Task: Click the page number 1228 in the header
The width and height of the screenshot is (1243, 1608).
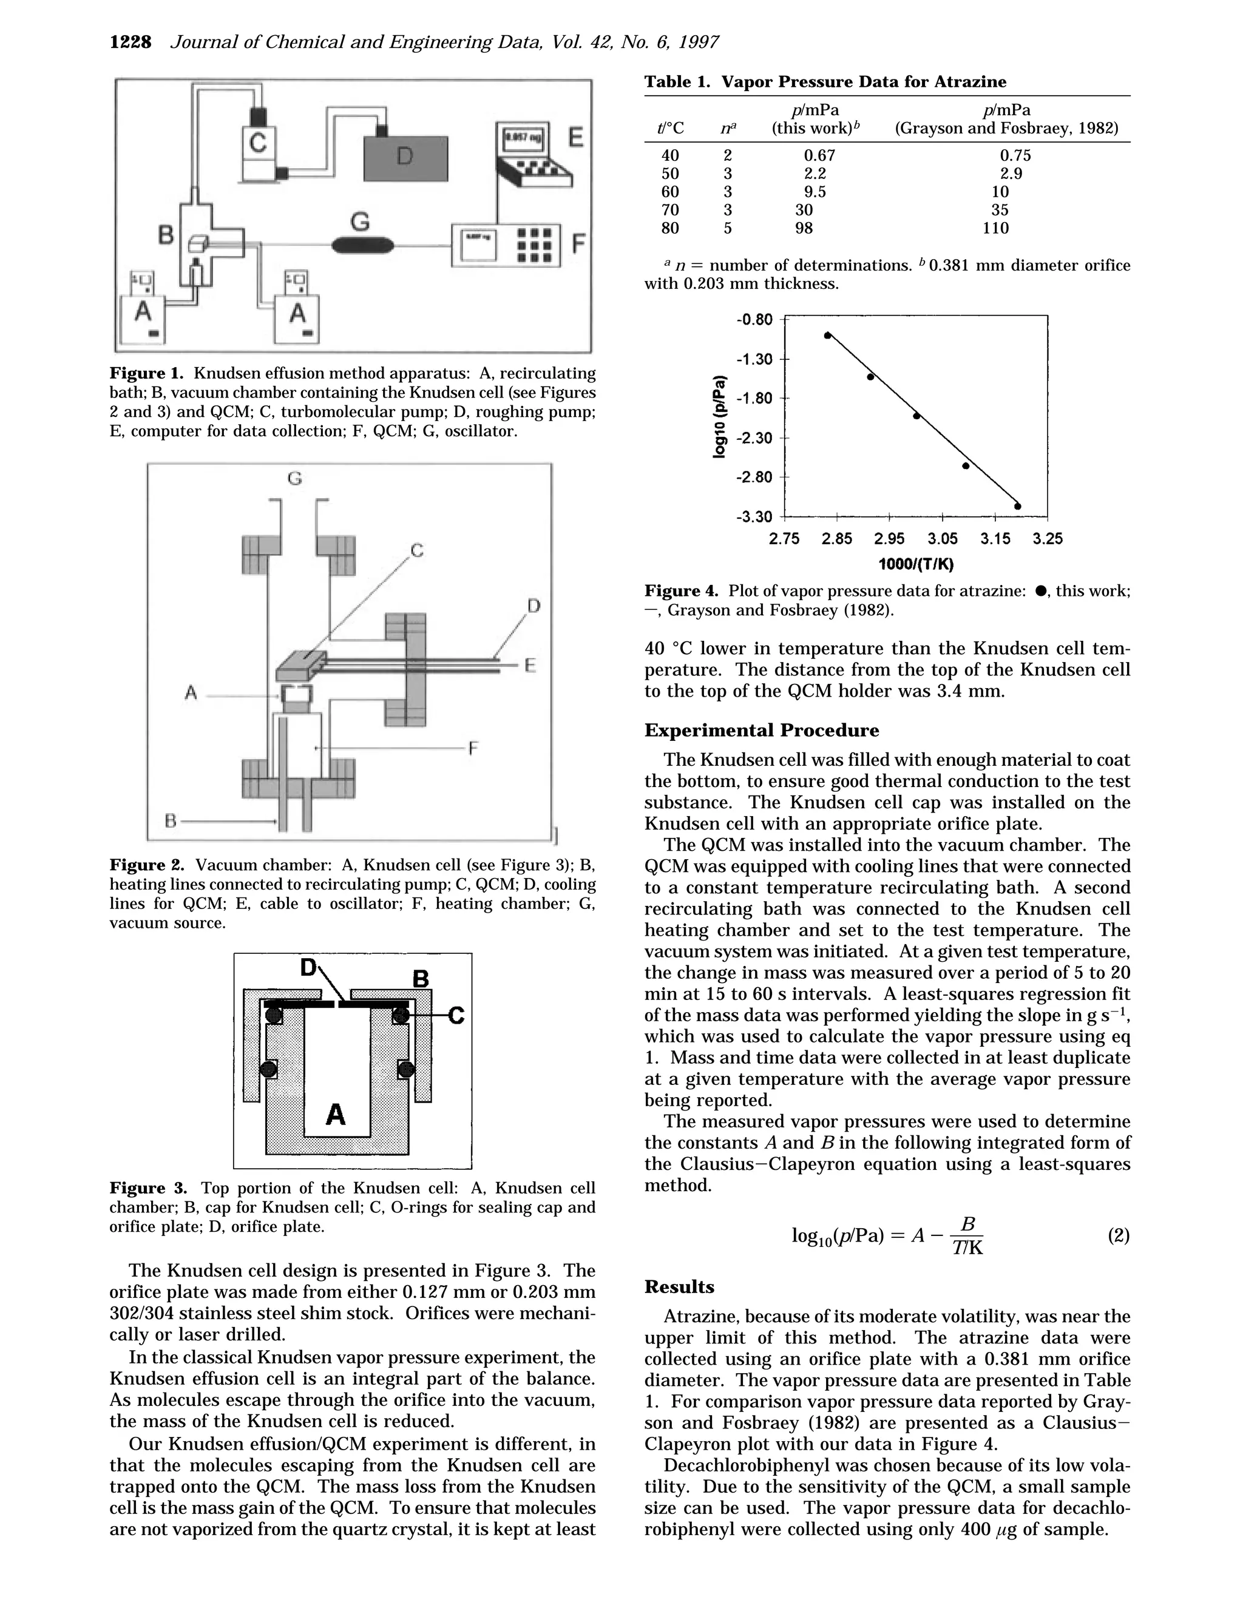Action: click(130, 42)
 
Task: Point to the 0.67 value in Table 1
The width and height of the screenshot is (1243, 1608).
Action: click(819, 155)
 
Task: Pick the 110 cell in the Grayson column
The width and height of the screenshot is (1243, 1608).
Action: click(995, 228)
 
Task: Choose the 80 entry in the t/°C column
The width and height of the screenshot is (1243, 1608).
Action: click(670, 228)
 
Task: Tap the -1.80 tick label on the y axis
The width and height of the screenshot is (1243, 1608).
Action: click(755, 398)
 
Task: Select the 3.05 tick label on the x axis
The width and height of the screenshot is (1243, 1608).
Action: click(943, 539)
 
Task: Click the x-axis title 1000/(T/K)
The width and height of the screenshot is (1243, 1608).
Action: click(916, 565)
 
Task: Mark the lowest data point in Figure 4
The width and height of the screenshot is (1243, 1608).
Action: click(1018, 506)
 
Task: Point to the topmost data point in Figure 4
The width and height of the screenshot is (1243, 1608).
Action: click(828, 335)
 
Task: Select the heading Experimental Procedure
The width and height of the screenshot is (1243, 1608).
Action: click(762, 731)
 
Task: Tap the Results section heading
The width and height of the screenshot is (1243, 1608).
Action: click(679, 1287)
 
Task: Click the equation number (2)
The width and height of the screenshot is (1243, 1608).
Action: click(1118, 1235)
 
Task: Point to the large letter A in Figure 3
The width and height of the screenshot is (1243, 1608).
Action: click(336, 1114)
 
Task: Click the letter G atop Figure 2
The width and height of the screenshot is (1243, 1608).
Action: click(294, 479)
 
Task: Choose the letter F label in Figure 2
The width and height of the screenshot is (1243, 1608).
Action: click(473, 749)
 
